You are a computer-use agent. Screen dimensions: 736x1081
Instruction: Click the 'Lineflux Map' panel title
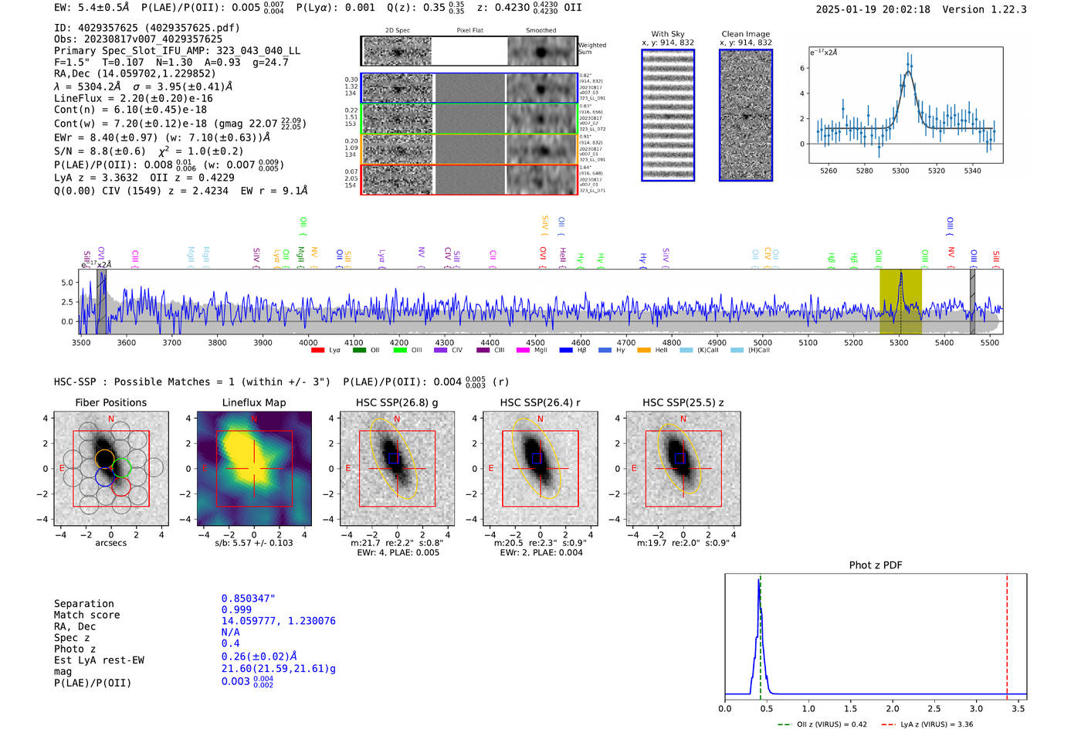254,402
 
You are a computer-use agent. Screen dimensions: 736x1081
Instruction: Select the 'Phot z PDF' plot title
876,565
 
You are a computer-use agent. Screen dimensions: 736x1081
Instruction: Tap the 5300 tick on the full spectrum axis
899,342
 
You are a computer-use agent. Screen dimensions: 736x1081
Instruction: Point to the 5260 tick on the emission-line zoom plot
829,170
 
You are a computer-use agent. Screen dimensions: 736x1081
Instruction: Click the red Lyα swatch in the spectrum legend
317,351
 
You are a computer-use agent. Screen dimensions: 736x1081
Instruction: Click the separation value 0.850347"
248,599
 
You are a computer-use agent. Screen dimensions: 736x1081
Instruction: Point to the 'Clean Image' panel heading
745,34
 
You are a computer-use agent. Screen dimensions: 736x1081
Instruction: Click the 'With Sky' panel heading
667,34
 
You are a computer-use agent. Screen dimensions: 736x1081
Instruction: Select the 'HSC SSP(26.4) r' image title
540,402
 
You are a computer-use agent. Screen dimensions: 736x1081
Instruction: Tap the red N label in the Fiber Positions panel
111,419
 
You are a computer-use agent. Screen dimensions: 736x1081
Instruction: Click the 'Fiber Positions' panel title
110,402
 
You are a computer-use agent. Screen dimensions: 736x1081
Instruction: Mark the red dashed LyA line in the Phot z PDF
1007,633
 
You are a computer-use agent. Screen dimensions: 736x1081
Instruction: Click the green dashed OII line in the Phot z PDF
760,633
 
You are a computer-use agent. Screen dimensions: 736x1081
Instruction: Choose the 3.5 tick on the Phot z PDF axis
1018,708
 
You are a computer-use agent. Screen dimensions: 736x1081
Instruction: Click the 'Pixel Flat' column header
469,31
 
